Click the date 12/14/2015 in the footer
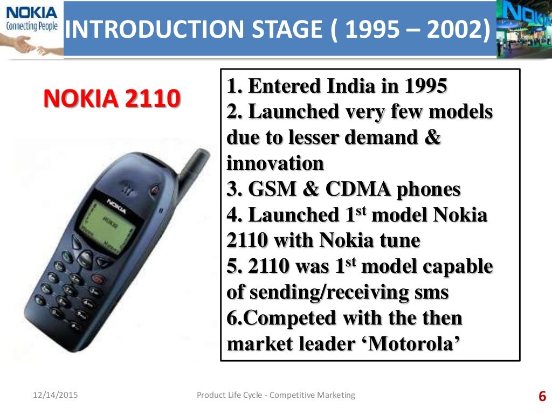pyautogui.click(x=52, y=395)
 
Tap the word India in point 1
pyautogui.click(x=348, y=86)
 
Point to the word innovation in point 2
pyautogui.click(x=275, y=163)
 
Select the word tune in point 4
pyautogui.click(x=399, y=240)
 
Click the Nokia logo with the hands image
pyautogui.click(x=31, y=28)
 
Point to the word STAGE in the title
pyautogui.click(x=289, y=31)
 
